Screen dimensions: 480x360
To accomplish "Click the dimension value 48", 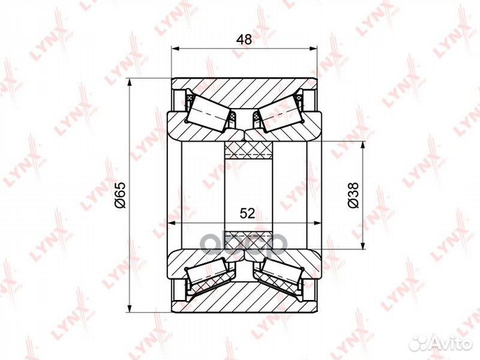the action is pos(244,39).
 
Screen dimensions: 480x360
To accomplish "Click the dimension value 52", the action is pos(247,213).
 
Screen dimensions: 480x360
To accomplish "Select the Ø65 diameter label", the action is pos(120,195).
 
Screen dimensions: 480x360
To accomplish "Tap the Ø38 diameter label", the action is pos(353,195).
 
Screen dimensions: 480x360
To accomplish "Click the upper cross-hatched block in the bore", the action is pos(248,150).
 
